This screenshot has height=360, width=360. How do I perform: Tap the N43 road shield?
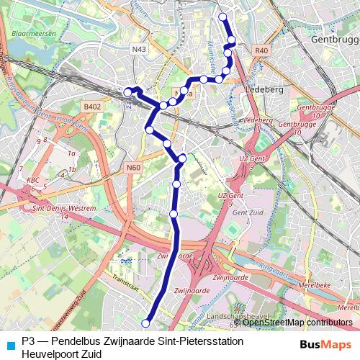coord(140,49)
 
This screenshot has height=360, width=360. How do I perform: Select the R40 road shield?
coord(261,50)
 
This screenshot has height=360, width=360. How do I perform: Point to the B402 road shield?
coord(91,107)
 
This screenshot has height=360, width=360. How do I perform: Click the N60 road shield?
coord(132,168)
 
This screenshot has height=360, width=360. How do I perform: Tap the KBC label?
coord(32,180)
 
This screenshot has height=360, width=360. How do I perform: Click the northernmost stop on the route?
coord(222,17)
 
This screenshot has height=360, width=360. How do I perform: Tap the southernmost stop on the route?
coord(147,323)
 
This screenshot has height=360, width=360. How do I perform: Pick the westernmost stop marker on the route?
coord(128,91)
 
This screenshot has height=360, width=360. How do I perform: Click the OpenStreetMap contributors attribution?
coord(297,323)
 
